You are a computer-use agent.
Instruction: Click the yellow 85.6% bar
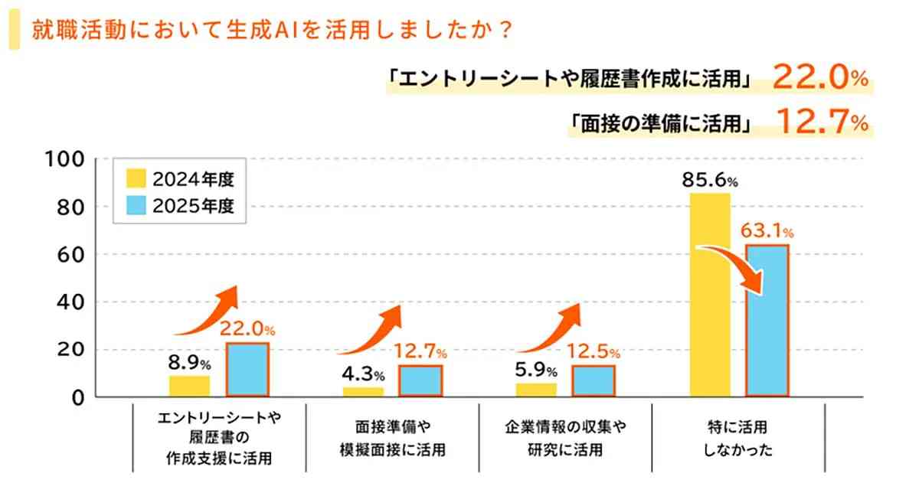point(710,295)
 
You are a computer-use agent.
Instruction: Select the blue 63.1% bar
point(767,321)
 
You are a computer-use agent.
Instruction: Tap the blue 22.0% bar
point(247,369)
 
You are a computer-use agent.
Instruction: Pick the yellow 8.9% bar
point(189,386)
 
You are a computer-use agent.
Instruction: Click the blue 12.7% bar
point(420,380)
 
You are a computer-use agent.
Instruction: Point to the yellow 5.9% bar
point(536,390)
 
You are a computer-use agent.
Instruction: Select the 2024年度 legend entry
point(180,181)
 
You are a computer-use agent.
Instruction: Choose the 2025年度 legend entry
point(180,207)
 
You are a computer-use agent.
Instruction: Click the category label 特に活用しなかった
point(737,439)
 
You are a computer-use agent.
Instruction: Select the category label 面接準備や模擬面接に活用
point(391,439)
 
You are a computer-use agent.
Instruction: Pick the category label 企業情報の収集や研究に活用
point(565,439)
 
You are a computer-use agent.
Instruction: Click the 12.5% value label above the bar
point(594,353)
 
